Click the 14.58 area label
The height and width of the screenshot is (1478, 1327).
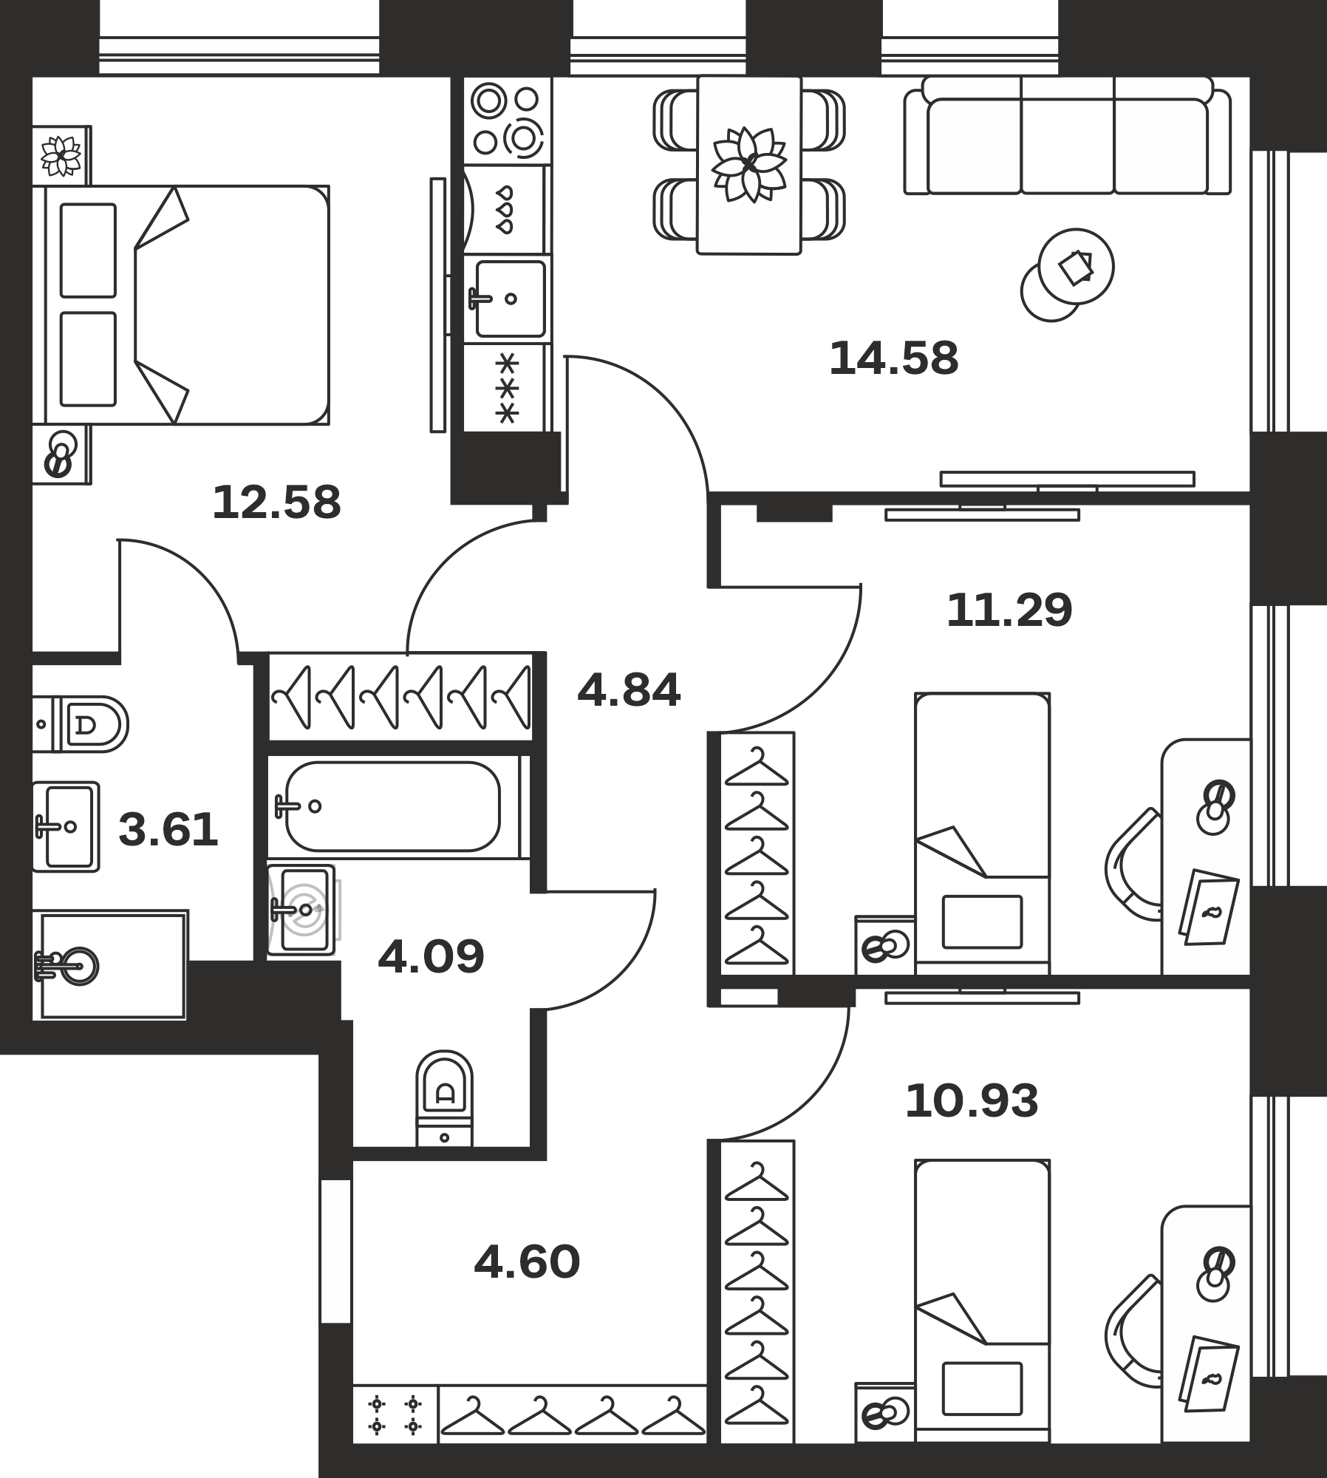tap(893, 358)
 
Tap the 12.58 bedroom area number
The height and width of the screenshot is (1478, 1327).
tap(276, 503)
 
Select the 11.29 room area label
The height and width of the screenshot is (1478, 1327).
tap(1009, 610)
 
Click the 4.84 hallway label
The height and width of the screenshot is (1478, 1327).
tap(629, 691)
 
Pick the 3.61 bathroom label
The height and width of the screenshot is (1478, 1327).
tap(168, 829)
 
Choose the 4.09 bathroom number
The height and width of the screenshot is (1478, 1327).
tap(431, 956)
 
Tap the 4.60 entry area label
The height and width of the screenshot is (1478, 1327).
tap(527, 1261)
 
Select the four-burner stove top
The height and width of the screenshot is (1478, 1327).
tap(508, 120)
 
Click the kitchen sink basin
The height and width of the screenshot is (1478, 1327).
tap(511, 299)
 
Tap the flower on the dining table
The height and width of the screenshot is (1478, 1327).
tap(749, 164)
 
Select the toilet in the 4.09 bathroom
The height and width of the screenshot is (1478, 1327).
tap(444, 1098)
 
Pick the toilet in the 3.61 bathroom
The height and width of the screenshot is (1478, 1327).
tap(81, 724)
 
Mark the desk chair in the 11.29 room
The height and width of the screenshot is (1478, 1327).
tap(1132, 865)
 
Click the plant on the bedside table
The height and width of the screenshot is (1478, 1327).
tap(61, 156)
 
